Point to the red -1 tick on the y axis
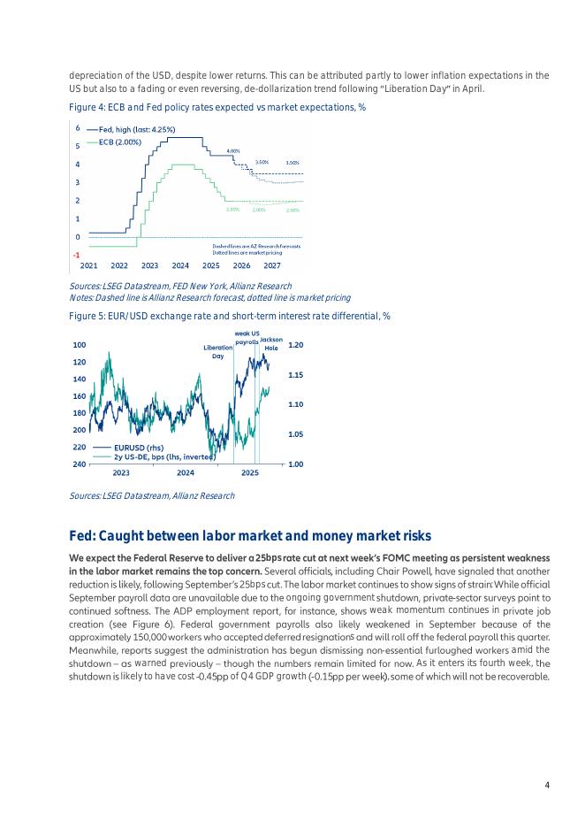coord(76,255)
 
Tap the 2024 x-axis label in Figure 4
coord(180,265)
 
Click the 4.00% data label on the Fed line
coord(234,151)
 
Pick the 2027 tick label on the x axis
coord(271,265)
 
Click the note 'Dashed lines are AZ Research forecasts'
coord(256,246)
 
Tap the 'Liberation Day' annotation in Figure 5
coord(217,351)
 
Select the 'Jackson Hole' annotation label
coord(271,343)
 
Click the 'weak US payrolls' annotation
coord(247,337)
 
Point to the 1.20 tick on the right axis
coord(296,345)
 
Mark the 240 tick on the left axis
coord(80,464)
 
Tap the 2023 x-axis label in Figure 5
coord(121,474)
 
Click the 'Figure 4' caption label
coord(87,107)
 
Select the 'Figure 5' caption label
coord(87,316)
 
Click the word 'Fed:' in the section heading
coord(83,535)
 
